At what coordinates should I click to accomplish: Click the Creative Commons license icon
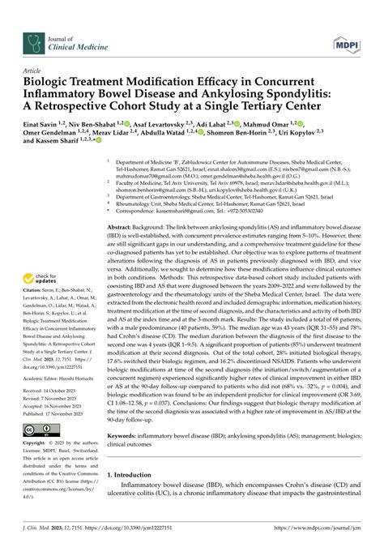click(40, 427)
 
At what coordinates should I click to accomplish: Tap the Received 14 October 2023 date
click(54, 391)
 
